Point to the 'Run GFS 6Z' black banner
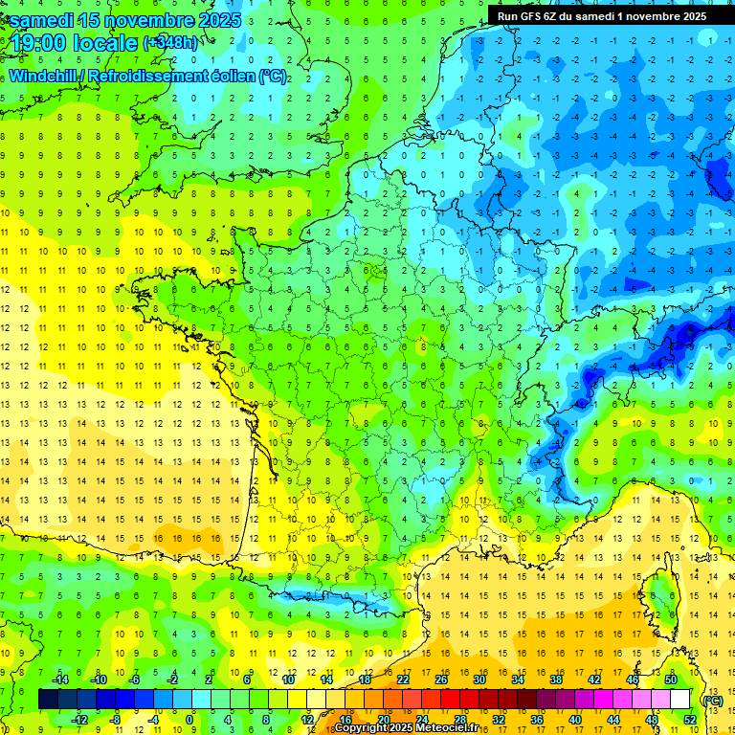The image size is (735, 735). point(602,16)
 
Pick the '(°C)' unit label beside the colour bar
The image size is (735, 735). point(712,700)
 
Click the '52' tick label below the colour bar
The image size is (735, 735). point(690,719)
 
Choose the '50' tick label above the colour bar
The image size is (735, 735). point(671,679)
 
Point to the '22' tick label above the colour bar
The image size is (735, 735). point(403,679)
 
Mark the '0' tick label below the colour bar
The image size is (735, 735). point(189,719)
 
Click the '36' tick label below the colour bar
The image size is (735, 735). point(537,719)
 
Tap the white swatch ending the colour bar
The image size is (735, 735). point(680,700)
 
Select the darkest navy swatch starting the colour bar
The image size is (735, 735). point(48,700)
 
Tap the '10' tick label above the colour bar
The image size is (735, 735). point(288,679)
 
